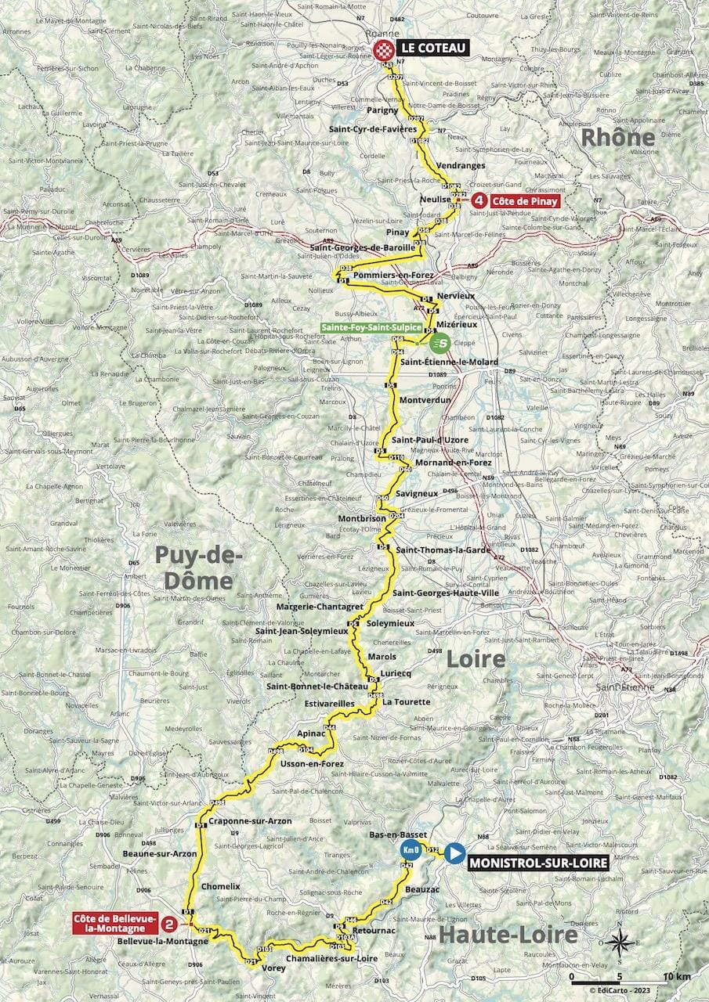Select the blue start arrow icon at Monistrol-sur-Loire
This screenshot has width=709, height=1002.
click(x=454, y=852)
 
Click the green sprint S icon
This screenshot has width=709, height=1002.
click(x=441, y=342)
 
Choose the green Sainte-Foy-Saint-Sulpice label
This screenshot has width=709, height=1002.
click(x=371, y=328)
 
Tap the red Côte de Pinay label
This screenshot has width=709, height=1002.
click(x=526, y=200)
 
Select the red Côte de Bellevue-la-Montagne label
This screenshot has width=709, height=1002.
click(x=115, y=923)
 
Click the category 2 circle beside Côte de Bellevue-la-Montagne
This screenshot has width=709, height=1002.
click(x=168, y=924)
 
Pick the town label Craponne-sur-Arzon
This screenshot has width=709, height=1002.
click(x=251, y=820)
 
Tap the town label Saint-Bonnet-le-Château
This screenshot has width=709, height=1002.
click(x=317, y=687)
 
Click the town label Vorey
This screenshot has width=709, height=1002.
click(x=273, y=968)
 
